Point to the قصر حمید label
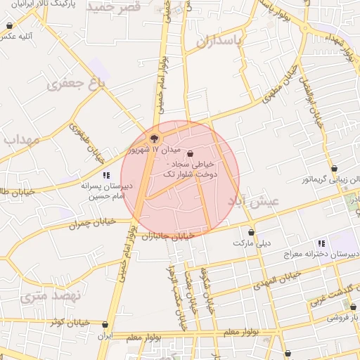pyautogui.click(x=115, y=6)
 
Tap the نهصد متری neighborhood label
pyautogui.click(x=51, y=295)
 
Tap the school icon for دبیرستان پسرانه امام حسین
pyautogui.click(x=106, y=175)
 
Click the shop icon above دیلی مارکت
pyautogui.click(x=251, y=232)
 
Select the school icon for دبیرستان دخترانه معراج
pyautogui.click(x=321, y=243)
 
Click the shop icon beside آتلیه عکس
pyautogui.click(x=9, y=26)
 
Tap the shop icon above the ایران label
pyautogui.click(x=105, y=325)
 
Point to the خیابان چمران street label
pyautogui.click(x=91, y=224)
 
